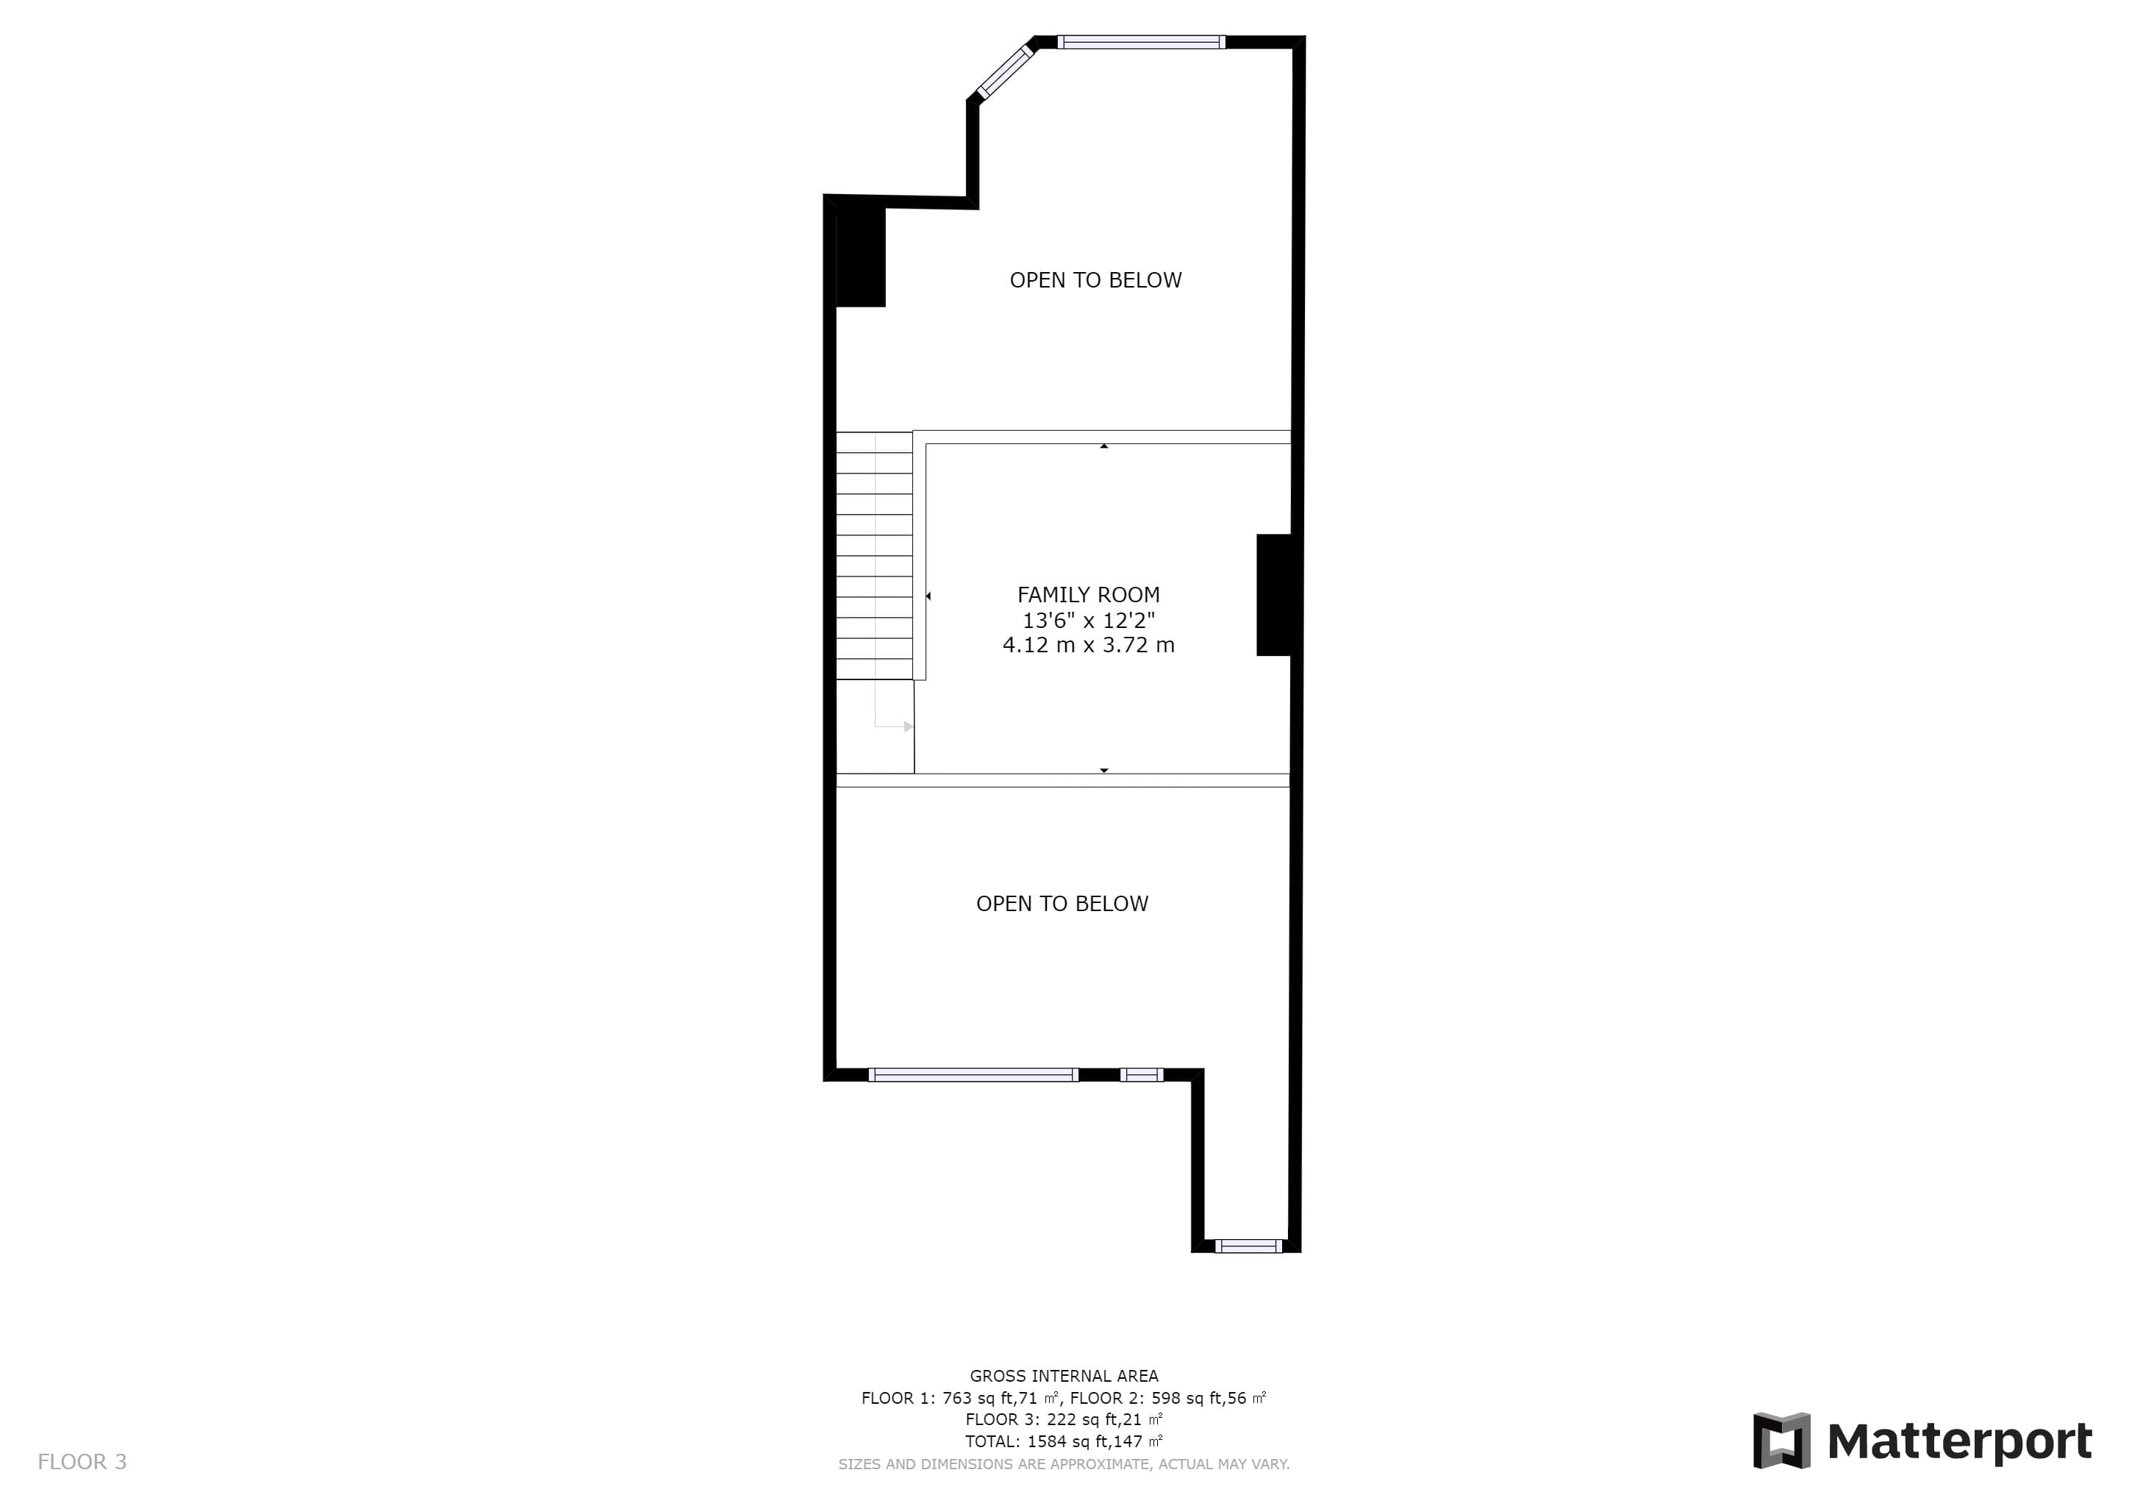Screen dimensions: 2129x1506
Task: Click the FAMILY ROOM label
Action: tap(1088, 594)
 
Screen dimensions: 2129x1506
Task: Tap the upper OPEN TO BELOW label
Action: tap(1095, 280)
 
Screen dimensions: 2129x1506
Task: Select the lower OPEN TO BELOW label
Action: tap(1062, 903)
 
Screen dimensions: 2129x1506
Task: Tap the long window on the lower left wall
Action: tap(973, 1075)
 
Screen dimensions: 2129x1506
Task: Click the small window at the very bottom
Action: tap(1249, 1246)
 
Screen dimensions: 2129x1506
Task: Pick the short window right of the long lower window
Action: tap(1142, 1075)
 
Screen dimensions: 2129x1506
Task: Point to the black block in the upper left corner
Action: tap(861, 257)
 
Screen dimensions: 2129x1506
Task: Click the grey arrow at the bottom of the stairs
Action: tap(908, 726)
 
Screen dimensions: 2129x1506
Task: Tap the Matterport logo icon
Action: tap(1781, 1440)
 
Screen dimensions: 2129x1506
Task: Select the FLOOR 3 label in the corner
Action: tap(82, 1461)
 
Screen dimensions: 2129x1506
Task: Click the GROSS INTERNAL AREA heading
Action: tap(1064, 1376)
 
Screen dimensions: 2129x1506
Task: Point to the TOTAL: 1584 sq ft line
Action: tap(1064, 1441)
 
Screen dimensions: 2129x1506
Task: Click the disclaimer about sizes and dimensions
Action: tap(1064, 1464)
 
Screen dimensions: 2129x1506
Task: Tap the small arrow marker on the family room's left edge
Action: tap(928, 596)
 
